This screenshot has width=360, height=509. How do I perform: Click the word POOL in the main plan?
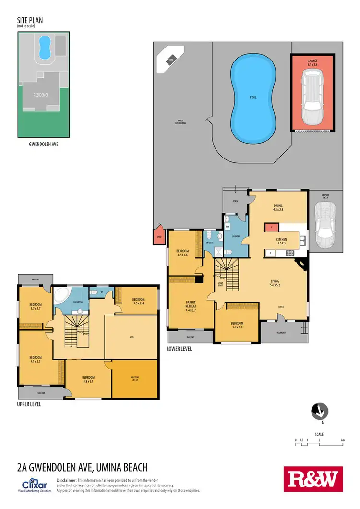pyautogui.click(x=253, y=97)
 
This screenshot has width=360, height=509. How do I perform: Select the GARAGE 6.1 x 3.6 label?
pyautogui.click(x=312, y=63)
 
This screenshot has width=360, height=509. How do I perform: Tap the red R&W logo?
pyautogui.click(x=313, y=479)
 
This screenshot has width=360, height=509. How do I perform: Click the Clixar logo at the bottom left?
pyautogui.click(x=34, y=484)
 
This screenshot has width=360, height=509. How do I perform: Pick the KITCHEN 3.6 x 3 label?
pyautogui.click(x=281, y=241)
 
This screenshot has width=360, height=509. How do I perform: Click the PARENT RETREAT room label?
pyautogui.click(x=191, y=306)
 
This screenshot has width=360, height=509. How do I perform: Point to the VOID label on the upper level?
pyautogui.click(x=131, y=337)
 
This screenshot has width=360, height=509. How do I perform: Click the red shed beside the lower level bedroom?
pyautogui.click(x=159, y=235)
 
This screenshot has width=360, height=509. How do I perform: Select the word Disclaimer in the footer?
pyautogui.click(x=66, y=480)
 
